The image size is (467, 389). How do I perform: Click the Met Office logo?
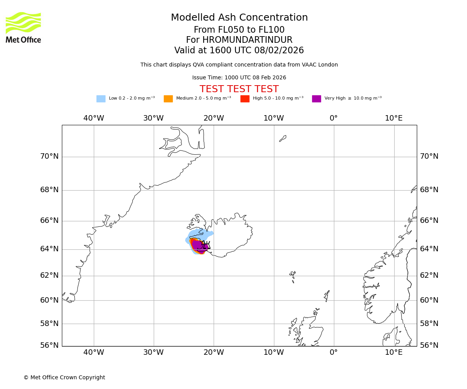coord(23,27)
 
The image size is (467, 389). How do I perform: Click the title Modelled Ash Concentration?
coord(239,18)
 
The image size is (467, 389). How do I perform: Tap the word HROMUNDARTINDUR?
coord(247,40)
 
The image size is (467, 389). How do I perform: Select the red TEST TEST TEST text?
coord(239,89)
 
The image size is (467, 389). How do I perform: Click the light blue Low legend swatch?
coord(101,99)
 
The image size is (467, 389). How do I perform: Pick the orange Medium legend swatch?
coord(168,99)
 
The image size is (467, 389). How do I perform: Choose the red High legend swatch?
coord(245,99)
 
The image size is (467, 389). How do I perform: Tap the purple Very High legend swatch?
coord(316,99)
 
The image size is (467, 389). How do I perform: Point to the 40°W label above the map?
coord(93,118)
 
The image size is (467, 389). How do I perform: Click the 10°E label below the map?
coord(393,352)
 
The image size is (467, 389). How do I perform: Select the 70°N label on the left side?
coord(49,156)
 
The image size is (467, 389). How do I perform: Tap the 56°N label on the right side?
coord(429,345)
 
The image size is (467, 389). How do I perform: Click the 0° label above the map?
coord(334,118)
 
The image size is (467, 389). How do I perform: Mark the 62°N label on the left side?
coord(49,275)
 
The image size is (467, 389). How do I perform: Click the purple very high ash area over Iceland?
coord(197,246)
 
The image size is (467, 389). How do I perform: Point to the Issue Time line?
coord(239,78)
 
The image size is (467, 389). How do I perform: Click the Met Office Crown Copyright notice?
coord(64,377)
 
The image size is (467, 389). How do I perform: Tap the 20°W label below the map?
coord(214,352)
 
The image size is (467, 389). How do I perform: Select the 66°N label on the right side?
coord(429,221)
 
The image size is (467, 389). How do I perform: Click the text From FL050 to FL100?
coord(239,30)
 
